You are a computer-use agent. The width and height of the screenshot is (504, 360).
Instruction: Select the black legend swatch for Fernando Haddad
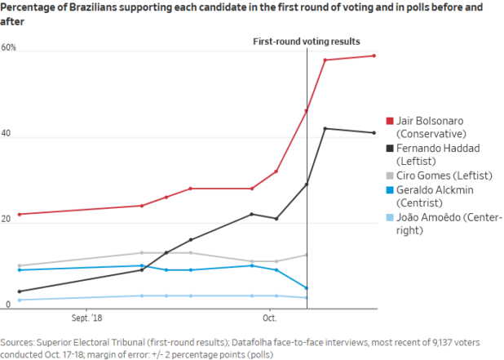389,149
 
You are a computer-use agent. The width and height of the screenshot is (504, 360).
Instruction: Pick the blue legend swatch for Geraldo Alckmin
389,190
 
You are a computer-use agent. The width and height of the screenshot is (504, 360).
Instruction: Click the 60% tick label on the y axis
9,49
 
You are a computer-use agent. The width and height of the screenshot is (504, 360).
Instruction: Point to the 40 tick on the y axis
7,134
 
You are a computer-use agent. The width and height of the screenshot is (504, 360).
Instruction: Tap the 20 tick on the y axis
7,220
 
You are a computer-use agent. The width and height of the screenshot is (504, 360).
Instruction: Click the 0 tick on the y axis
4,305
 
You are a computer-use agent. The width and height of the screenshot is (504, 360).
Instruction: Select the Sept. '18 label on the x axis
87,318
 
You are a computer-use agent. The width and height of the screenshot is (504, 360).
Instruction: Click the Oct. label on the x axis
270,318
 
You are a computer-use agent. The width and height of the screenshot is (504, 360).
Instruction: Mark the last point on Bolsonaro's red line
374,56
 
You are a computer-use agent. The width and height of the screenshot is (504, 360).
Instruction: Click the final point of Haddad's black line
374,132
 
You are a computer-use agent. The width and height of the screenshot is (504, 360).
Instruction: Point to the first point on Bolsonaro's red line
19,214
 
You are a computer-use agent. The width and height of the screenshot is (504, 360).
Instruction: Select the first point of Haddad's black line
19,291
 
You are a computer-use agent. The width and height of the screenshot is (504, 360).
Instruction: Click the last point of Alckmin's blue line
306,287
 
